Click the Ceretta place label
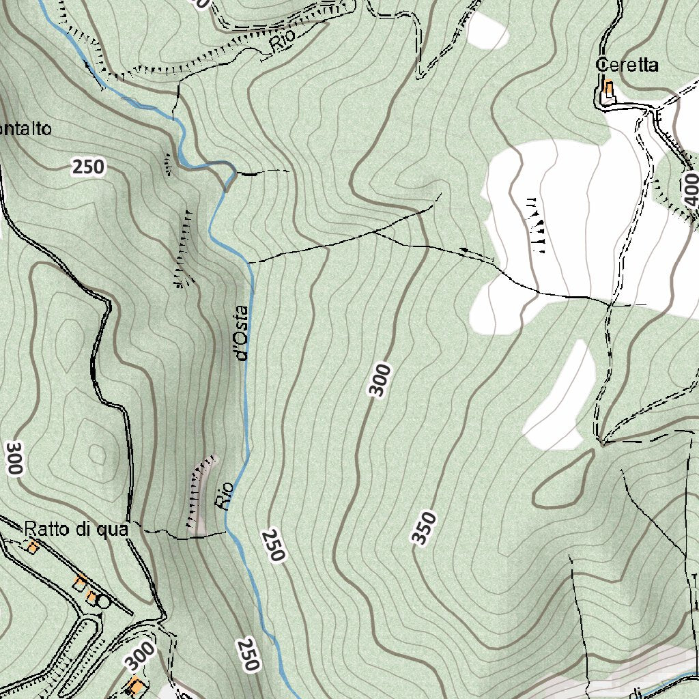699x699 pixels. pos(627,66)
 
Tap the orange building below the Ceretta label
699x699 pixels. pos(608,89)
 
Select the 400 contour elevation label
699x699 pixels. pos(689,190)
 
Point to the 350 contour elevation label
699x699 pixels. pos(424,528)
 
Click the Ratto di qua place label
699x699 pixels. pos(76,529)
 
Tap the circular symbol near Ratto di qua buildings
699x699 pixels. pos(103,601)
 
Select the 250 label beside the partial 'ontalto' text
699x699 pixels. pos(89,167)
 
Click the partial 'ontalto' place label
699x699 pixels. pos(25,129)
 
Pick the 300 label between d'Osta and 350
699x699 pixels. pos(380,380)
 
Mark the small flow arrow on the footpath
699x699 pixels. pos(464,252)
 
